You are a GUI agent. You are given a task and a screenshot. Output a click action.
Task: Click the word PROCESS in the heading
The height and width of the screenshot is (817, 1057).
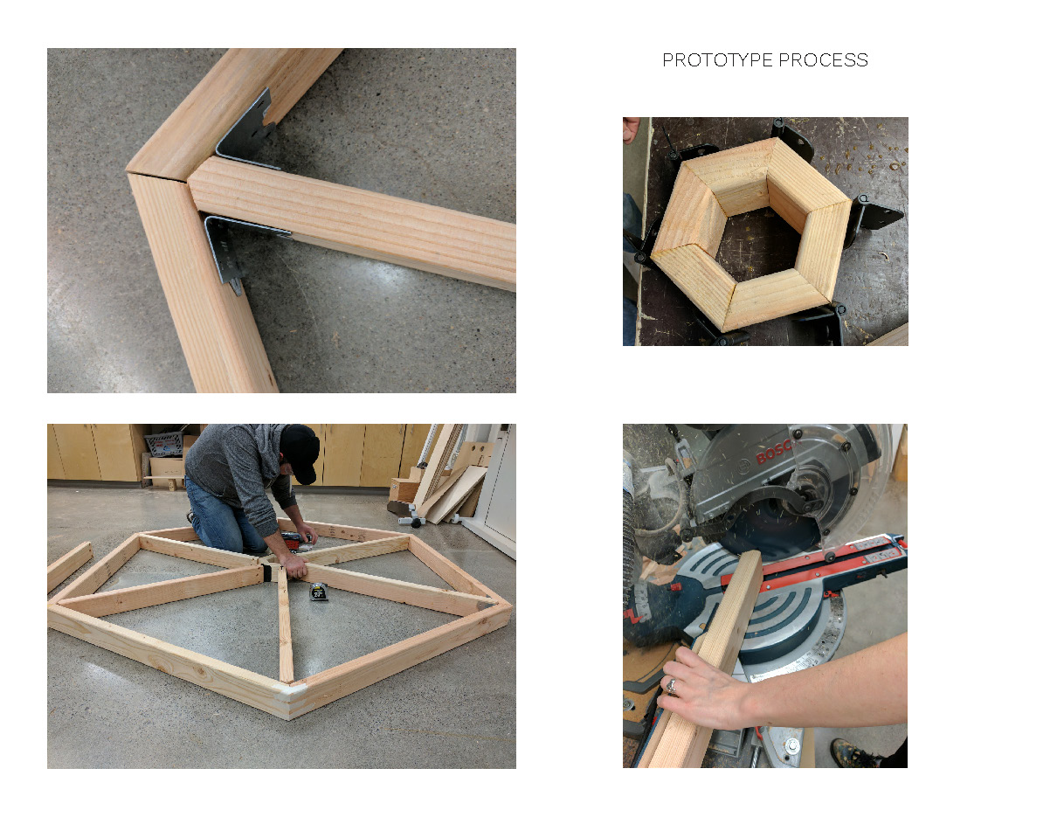point(823,59)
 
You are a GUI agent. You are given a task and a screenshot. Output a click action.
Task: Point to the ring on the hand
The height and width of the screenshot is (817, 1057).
point(671,686)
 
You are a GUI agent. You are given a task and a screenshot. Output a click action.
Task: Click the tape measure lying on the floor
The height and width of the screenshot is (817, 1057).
point(318,592)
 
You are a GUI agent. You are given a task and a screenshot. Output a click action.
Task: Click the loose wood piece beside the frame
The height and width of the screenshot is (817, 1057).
point(69,566)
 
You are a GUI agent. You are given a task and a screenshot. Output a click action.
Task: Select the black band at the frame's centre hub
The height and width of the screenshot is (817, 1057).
point(266,572)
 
